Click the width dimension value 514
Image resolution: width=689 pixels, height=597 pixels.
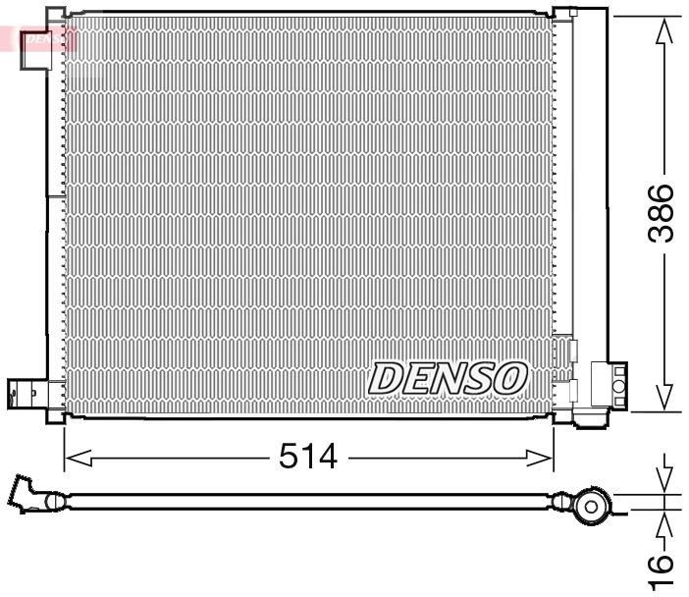pos(308,456)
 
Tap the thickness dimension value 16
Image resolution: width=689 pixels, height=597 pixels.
pos(663,562)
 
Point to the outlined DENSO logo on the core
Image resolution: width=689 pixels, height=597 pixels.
pos(449,377)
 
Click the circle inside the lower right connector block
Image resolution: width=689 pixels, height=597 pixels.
pos(619,387)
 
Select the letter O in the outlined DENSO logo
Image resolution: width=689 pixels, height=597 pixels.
pos(511,376)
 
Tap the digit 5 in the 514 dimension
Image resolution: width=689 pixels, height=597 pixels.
pos(291,456)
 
